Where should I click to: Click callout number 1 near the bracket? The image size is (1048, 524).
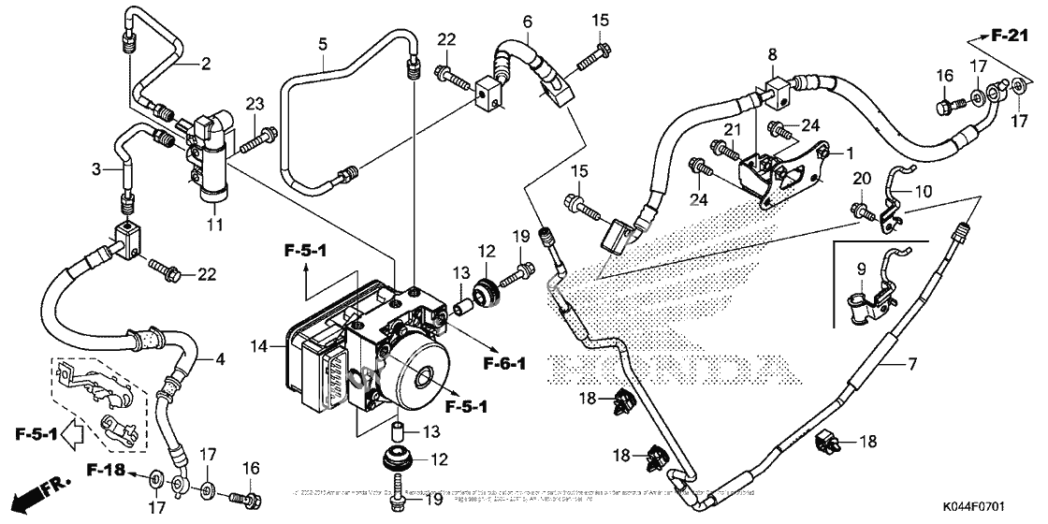tap(851, 153)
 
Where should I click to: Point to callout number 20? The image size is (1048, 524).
tap(861, 178)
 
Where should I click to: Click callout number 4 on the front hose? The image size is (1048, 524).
tap(221, 358)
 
